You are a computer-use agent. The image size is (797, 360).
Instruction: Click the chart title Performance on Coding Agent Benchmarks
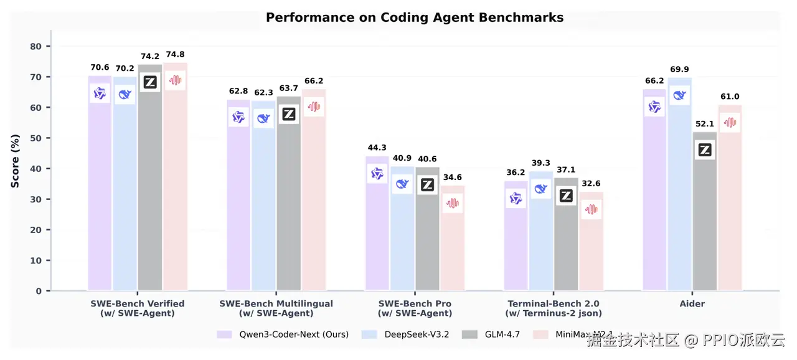click(414, 17)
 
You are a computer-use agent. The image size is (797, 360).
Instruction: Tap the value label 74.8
click(175, 55)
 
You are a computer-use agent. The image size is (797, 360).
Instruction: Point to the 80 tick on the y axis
click(35, 47)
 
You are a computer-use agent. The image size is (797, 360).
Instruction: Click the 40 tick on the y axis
click(35, 169)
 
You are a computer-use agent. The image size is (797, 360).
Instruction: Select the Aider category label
click(692, 304)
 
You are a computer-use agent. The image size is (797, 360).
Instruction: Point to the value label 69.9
click(680, 70)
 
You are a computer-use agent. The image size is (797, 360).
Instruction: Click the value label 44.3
click(377, 148)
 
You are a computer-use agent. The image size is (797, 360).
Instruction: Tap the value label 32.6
click(591, 184)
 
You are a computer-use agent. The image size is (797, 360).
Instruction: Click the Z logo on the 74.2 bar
click(150, 82)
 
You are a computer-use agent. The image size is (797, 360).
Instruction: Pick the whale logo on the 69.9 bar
click(679, 95)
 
